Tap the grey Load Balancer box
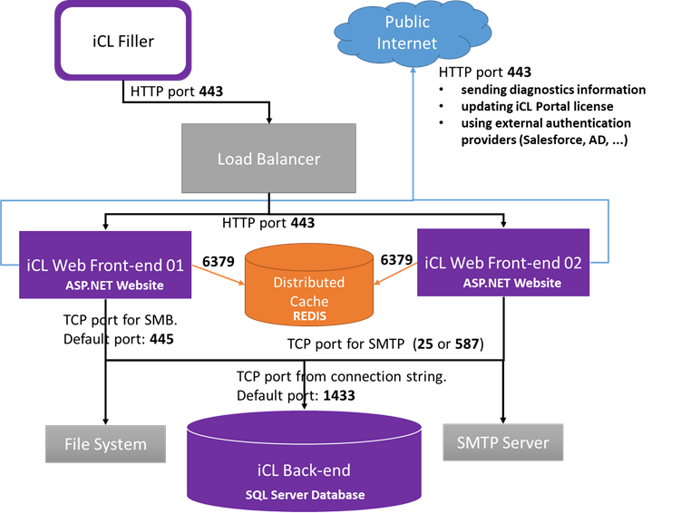(x=268, y=159)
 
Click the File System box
(x=106, y=443)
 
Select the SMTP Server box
(x=503, y=443)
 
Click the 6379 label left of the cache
(x=218, y=262)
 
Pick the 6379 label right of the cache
(x=397, y=260)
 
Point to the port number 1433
(x=332, y=396)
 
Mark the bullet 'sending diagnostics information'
(x=552, y=90)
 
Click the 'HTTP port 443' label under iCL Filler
(x=177, y=91)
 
